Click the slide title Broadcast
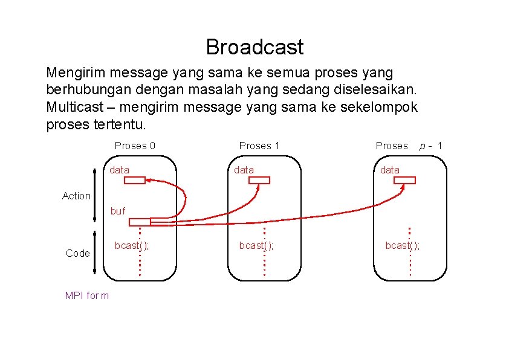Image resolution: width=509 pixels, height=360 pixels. pos(254,47)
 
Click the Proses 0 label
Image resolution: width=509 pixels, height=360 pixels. pos(135,146)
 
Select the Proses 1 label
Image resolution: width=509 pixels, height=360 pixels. pos(259,146)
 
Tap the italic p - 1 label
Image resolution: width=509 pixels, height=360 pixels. pos(432,146)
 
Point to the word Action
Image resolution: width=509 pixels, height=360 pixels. pos(76,196)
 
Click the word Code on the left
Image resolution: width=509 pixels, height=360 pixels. pos(77,253)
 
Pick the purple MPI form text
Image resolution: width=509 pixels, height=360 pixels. pos(86,295)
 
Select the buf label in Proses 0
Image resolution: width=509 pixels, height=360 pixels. pos(118,211)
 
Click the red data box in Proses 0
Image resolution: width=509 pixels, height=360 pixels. pos(135,180)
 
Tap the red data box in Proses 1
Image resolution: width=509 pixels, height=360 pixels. pos(259,180)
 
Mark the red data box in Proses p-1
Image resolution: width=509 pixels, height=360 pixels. pos(405,180)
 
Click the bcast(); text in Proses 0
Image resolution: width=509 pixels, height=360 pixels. pos(132,245)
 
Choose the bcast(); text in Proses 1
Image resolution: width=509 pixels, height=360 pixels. pos(256,245)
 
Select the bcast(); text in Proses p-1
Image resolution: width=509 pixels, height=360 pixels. pos(403,245)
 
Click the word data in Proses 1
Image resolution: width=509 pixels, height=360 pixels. pos(244,170)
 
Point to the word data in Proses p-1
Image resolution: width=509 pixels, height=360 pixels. pos(390,170)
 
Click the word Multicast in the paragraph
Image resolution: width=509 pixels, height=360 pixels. pos(70,108)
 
